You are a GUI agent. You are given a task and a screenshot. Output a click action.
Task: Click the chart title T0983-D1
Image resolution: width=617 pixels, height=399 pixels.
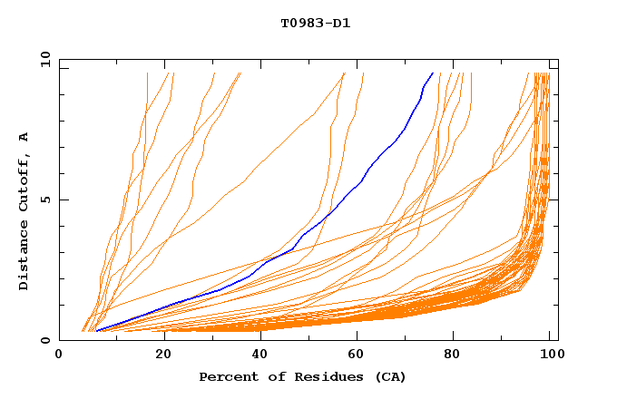(x=315, y=23)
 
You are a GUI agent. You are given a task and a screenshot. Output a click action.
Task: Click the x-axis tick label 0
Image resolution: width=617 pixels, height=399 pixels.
(x=59, y=356)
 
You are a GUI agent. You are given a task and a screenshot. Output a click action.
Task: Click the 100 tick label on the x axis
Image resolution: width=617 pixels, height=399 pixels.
(x=552, y=356)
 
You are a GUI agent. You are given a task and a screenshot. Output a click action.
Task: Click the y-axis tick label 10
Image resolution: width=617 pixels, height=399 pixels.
(x=44, y=59)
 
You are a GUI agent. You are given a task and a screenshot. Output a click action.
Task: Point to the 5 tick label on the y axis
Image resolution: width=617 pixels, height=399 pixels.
(x=48, y=199)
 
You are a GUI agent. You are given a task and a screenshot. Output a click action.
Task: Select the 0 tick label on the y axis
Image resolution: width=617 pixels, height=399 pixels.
(x=48, y=340)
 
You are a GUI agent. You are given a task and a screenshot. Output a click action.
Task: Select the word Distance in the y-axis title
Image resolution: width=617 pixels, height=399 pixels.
(x=24, y=257)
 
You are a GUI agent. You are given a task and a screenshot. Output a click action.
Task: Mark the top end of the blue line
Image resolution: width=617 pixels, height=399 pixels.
(x=432, y=73)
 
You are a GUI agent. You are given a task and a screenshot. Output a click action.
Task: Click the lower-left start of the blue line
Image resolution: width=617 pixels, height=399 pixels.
(x=96, y=331)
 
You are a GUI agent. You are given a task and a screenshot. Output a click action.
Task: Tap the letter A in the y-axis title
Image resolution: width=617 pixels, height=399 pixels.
(x=24, y=136)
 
